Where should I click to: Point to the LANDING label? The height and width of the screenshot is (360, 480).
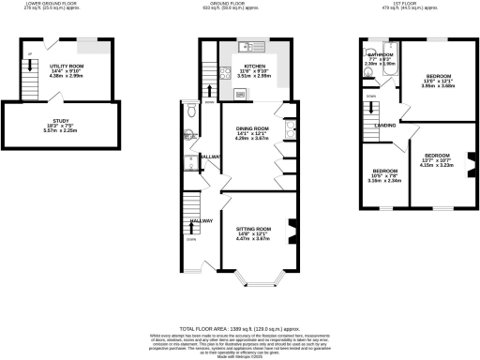(384, 124)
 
